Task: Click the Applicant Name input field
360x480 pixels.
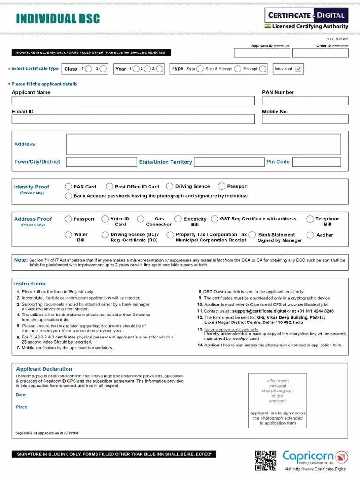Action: click(133, 100)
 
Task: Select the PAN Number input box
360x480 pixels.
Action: click(305, 100)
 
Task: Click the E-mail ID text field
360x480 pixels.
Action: click(133, 119)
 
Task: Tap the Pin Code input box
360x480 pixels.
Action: click(316, 162)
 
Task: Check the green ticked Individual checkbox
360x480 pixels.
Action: click(299, 69)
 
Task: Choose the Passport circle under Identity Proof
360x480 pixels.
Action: click(222, 187)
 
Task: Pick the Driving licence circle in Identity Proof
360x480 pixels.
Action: click(170, 187)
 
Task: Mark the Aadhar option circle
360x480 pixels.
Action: click(310, 235)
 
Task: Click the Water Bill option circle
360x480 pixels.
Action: click(68, 235)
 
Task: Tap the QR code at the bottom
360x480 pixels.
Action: click(265, 460)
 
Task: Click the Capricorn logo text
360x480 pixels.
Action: click(308, 456)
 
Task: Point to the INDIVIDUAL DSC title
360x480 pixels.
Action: click(58, 19)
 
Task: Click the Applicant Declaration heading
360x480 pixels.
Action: click(44, 369)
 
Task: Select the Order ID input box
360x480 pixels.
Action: click(327, 53)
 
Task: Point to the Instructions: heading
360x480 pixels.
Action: click(30, 284)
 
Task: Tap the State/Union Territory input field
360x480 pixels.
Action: click(229, 162)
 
